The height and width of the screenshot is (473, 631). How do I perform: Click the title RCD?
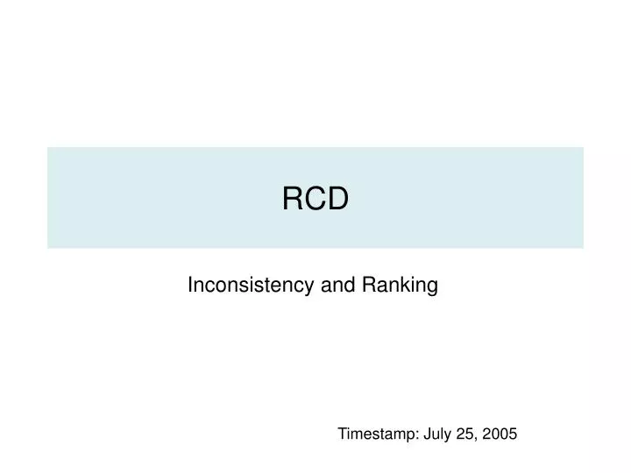coord(315,200)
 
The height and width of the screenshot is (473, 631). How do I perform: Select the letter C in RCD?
coord(315,200)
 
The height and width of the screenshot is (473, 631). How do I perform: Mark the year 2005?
coord(500,434)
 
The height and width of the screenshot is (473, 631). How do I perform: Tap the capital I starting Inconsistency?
coord(191,285)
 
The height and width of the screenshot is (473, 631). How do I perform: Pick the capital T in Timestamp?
coord(343,434)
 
